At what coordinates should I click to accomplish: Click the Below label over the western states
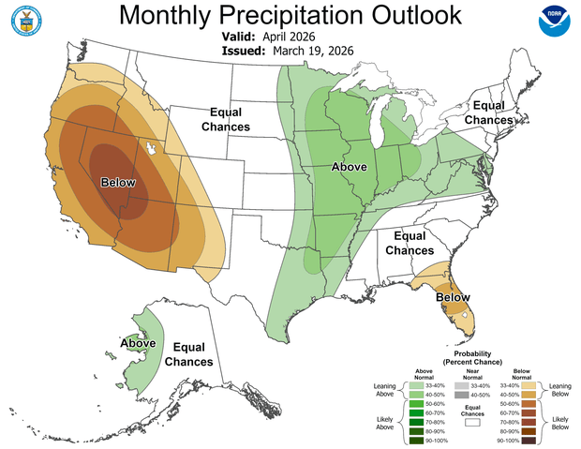[117, 183]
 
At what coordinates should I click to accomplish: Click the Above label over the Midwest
[349, 167]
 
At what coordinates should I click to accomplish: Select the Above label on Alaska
[138, 343]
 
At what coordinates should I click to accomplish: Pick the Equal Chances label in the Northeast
[492, 112]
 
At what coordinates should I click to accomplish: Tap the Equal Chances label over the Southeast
[412, 244]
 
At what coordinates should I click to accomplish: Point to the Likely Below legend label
[559, 424]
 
